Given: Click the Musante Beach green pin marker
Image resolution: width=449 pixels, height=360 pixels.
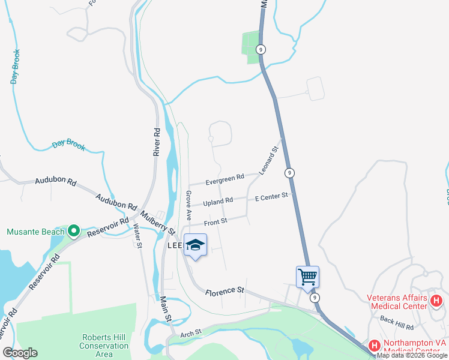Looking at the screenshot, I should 74,230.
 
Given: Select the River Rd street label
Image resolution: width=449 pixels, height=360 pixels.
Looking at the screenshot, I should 157,142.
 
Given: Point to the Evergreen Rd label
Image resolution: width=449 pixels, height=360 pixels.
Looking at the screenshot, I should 224,178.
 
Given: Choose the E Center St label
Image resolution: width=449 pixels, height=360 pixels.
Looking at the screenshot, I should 272,196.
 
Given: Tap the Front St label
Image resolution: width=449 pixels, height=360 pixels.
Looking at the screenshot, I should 215,222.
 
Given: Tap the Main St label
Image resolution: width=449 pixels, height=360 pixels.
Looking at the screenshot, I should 166,308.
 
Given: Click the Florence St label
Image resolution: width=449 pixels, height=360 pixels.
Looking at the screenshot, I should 224,292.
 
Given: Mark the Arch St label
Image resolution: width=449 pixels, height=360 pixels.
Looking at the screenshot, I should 191,331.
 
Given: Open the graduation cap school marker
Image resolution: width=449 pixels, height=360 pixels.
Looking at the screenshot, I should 196,245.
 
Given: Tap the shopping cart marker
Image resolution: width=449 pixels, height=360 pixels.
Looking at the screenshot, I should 307,277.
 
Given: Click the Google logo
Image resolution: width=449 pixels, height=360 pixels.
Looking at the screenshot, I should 20,353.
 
